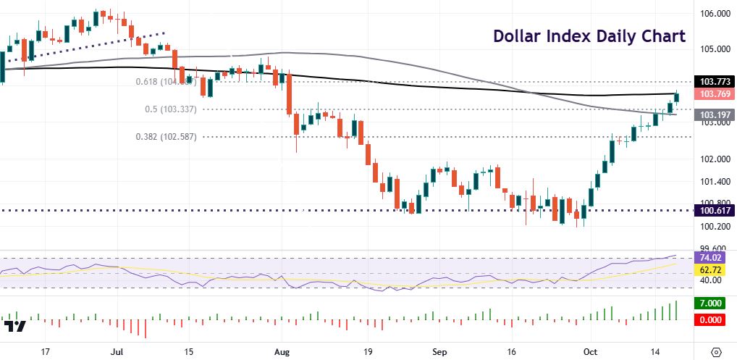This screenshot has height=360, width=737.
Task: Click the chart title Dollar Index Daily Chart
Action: tap(589, 36)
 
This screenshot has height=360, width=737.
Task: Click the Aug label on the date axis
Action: tap(282, 351)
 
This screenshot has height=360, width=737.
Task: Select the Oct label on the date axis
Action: tap(591, 351)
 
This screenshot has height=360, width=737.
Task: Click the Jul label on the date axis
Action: tap(116, 351)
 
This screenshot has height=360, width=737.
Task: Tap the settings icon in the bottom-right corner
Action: tap(717, 351)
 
